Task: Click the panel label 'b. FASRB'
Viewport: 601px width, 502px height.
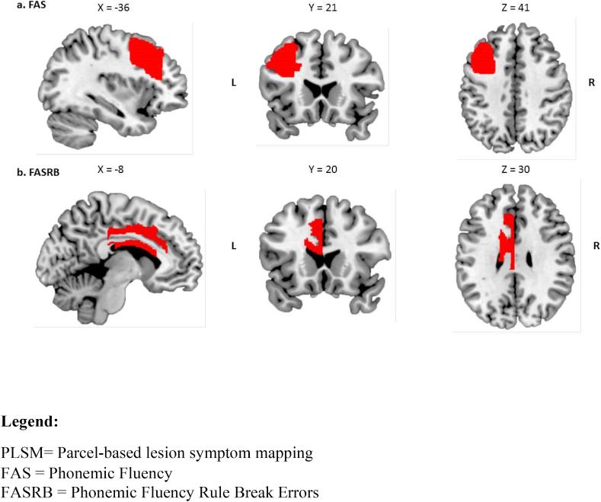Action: (x=38, y=173)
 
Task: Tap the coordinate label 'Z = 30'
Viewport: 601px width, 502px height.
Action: (x=514, y=170)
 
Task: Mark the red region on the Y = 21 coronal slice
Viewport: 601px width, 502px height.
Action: (x=283, y=60)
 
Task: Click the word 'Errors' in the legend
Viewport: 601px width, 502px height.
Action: (x=297, y=493)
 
